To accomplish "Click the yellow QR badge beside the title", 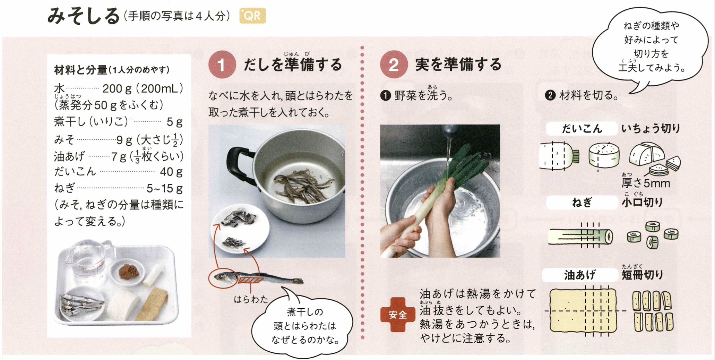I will [x=252, y=16].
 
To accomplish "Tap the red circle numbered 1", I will [x=222, y=65].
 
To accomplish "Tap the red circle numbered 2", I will [x=394, y=65].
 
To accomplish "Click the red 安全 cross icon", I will [x=397, y=315].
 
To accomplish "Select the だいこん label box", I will [x=582, y=129].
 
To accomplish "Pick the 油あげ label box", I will [x=579, y=275].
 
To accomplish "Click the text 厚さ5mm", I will [x=646, y=183].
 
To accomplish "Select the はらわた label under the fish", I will [x=251, y=299].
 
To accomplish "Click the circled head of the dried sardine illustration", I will [x=223, y=277].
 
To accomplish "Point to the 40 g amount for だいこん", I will [x=171, y=172].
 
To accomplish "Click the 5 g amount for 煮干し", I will [x=174, y=122].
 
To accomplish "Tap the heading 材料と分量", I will [x=80, y=70].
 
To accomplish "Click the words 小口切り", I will [x=642, y=202].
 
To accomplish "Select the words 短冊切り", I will [x=642, y=275].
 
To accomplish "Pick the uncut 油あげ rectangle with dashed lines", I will [x=583, y=310].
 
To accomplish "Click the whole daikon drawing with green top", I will [x=559, y=156].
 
